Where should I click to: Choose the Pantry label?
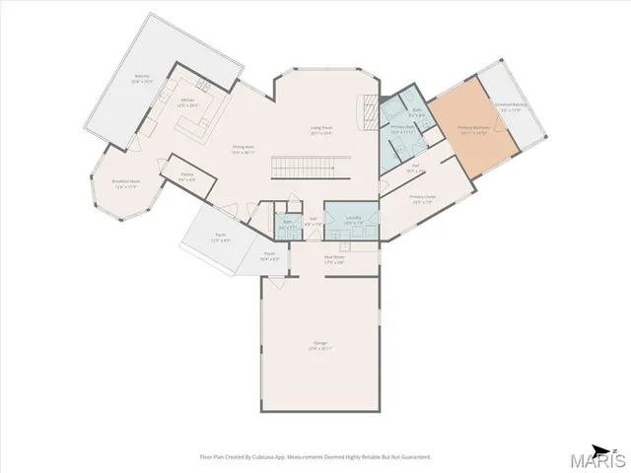pos(186,176)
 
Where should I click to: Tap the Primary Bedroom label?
pos(473,128)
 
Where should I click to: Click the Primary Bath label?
pos(402,129)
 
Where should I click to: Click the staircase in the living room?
pos(311,167)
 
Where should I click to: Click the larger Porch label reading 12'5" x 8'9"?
pos(222,236)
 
